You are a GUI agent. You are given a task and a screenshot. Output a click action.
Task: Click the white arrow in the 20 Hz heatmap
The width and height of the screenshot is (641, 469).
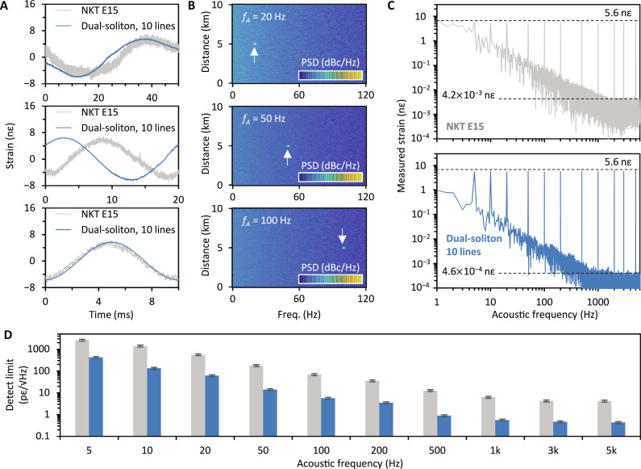pyautogui.click(x=255, y=56)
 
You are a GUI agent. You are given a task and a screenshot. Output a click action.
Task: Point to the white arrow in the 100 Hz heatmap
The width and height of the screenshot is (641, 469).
pyautogui.click(x=342, y=236)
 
